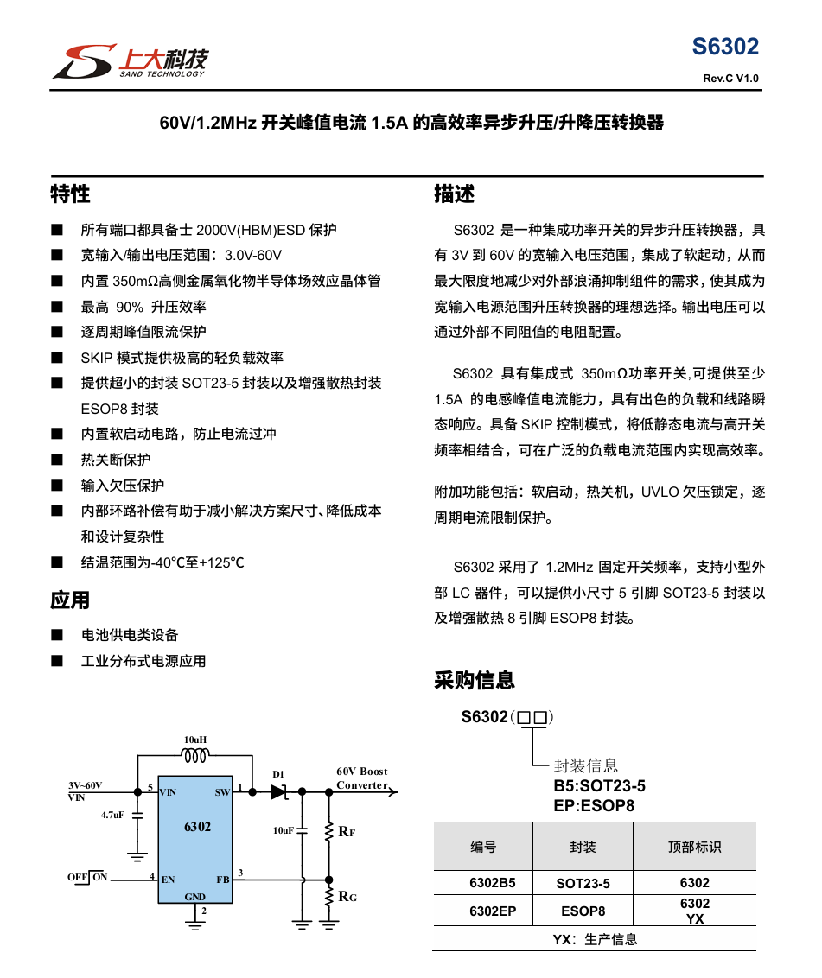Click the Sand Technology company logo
coord(130,60)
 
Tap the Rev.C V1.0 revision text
coord(730,79)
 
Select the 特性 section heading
coord(70,194)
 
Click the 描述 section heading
coord(454,194)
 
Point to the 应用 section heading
coord(70,600)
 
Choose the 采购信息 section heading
coord(475,681)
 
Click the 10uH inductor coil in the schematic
coord(195,756)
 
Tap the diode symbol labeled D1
coord(278,791)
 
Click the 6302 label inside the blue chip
coord(197,827)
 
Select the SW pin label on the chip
coord(222,791)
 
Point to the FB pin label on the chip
coord(222,880)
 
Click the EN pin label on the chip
coord(168,880)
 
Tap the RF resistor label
coord(347,832)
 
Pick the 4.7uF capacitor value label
coord(112,815)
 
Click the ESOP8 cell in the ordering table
coord(583,911)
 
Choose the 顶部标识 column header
coord(694,847)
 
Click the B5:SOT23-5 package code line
coord(600,786)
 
